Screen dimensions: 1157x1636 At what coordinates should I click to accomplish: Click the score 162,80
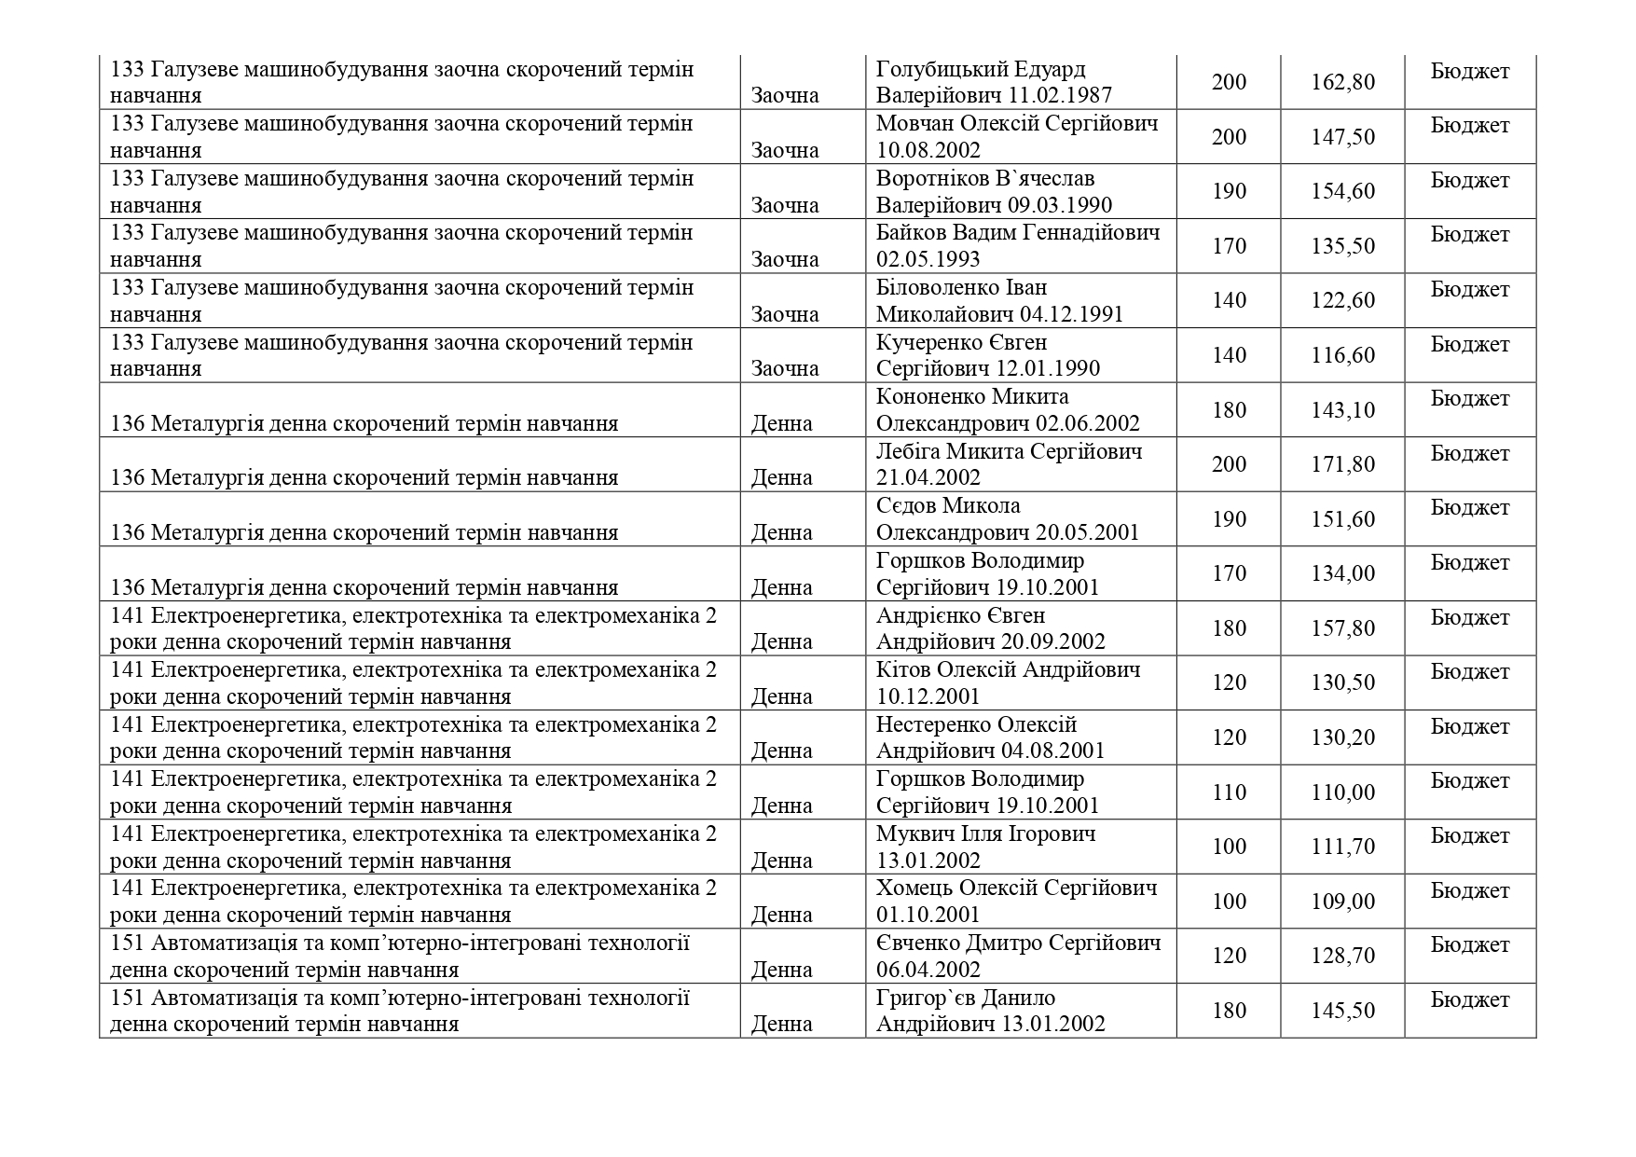(1342, 82)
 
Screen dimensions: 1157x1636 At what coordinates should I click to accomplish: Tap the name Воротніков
(935, 178)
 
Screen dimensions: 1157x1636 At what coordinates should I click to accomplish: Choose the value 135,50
(1342, 246)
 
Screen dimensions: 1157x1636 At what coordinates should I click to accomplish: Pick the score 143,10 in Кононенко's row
(1342, 410)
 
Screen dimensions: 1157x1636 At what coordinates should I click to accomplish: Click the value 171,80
(1342, 464)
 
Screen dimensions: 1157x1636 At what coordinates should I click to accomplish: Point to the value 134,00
(1342, 573)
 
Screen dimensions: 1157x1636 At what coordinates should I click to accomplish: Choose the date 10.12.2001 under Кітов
(928, 696)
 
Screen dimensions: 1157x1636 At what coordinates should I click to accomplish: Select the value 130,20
(1342, 737)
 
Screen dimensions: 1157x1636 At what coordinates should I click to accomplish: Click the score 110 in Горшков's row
(1229, 792)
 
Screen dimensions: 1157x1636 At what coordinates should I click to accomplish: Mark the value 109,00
(1342, 902)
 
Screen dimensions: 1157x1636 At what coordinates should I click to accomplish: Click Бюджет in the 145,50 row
(1469, 999)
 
